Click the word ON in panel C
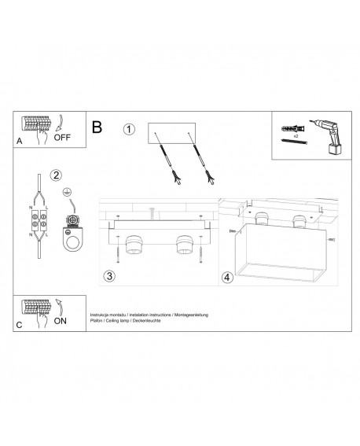click(x=60, y=322)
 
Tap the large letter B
click(x=97, y=126)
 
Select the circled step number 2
click(x=55, y=174)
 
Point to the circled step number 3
click(x=111, y=275)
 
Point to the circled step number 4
click(x=228, y=276)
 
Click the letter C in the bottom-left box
click(x=20, y=325)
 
